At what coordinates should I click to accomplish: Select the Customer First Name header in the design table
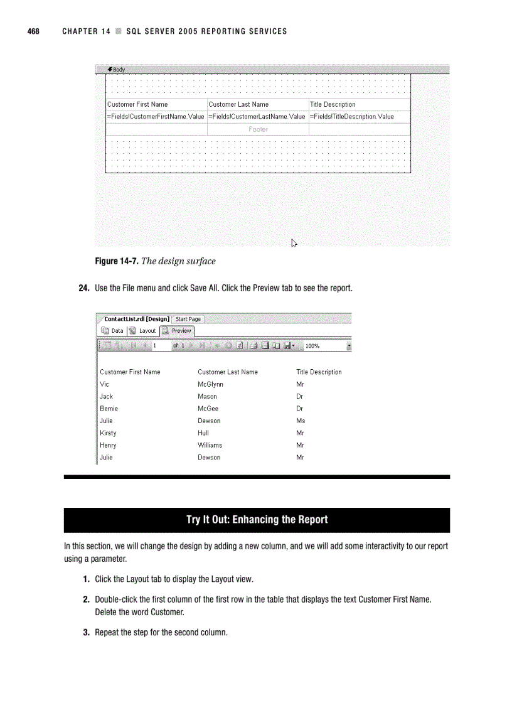pyautogui.click(x=137, y=105)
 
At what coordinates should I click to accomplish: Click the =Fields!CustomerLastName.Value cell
pyautogui.click(x=257, y=117)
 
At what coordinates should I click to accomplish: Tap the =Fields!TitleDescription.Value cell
pyautogui.click(x=351, y=117)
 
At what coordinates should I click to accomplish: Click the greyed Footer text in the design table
pyautogui.click(x=258, y=129)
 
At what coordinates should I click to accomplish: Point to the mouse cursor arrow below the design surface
pyautogui.click(x=294, y=243)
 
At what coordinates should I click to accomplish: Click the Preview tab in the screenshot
pyautogui.click(x=178, y=331)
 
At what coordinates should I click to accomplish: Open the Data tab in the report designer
pyautogui.click(x=113, y=331)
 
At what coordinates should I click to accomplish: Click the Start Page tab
pyautogui.click(x=188, y=319)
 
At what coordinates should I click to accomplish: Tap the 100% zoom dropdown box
pyautogui.click(x=326, y=346)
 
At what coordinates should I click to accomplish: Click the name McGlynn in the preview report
pyautogui.click(x=210, y=384)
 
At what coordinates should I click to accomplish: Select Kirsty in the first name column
pyautogui.click(x=108, y=433)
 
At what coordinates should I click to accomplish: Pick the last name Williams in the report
pyautogui.click(x=210, y=445)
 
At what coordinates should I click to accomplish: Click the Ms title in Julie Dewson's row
pyautogui.click(x=301, y=421)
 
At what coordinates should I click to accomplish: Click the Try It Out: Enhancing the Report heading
pyautogui.click(x=257, y=520)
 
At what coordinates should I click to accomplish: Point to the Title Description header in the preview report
pyautogui.click(x=319, y=372)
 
